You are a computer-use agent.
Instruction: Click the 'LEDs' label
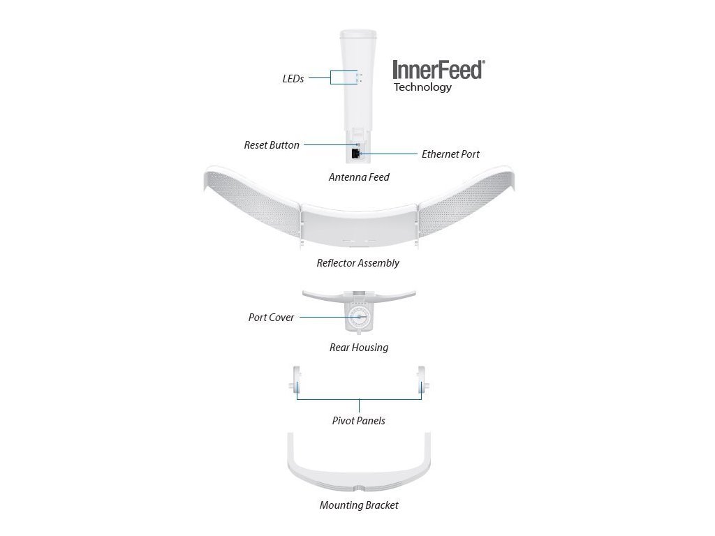pos(293,79)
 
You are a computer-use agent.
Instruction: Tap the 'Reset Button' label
pos(272,145)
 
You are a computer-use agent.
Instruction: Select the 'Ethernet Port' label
pos(450,154)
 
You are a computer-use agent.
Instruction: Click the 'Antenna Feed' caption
pos(359,177)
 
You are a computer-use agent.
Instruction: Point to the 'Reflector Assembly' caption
pos(357,263)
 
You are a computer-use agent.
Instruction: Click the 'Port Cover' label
pos(271,318)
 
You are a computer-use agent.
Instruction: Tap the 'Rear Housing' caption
pos(359,347)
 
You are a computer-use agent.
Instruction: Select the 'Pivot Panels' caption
pos(358,421)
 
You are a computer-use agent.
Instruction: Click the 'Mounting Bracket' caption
pos(359,505)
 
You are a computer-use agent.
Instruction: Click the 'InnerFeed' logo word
pos(438,70)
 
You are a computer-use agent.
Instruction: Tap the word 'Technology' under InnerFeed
pos(422,87)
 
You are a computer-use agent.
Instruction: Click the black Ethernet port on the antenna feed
pos(356,153)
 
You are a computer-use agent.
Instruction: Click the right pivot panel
pos(422,383)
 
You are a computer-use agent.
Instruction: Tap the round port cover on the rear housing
pos(359,318)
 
